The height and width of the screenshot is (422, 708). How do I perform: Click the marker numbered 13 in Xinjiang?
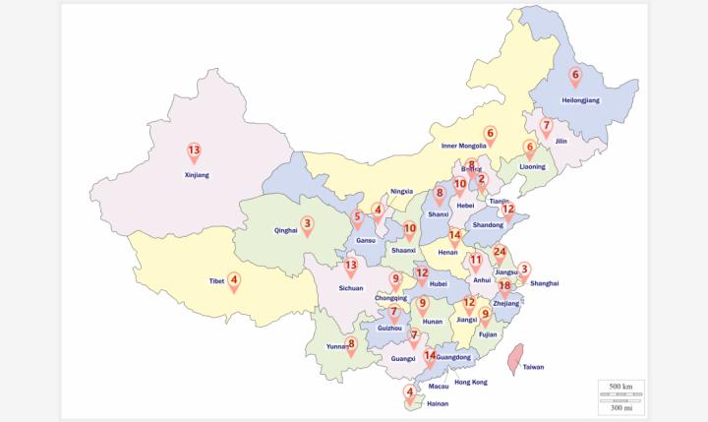click(194, 151)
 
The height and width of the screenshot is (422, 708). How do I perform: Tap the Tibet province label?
click(217, 281)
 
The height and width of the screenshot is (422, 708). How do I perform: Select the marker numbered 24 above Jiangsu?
click(500, 253)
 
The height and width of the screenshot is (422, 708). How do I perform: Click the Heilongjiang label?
click(580, 100)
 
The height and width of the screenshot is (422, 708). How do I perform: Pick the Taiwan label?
click(533, 367)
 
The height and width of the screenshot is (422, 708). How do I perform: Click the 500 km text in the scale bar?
click(620, 386)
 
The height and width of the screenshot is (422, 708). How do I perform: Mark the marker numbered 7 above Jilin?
click(546, 127)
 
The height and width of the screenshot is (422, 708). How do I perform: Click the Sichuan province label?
click(351, 288)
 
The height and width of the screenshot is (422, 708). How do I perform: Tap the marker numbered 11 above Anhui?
click(476, 262)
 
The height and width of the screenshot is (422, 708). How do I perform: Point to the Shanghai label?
click(544, 283)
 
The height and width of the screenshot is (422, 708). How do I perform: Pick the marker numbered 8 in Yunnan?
click(350, 344)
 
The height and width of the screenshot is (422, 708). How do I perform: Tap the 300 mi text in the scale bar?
click(620, 407)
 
